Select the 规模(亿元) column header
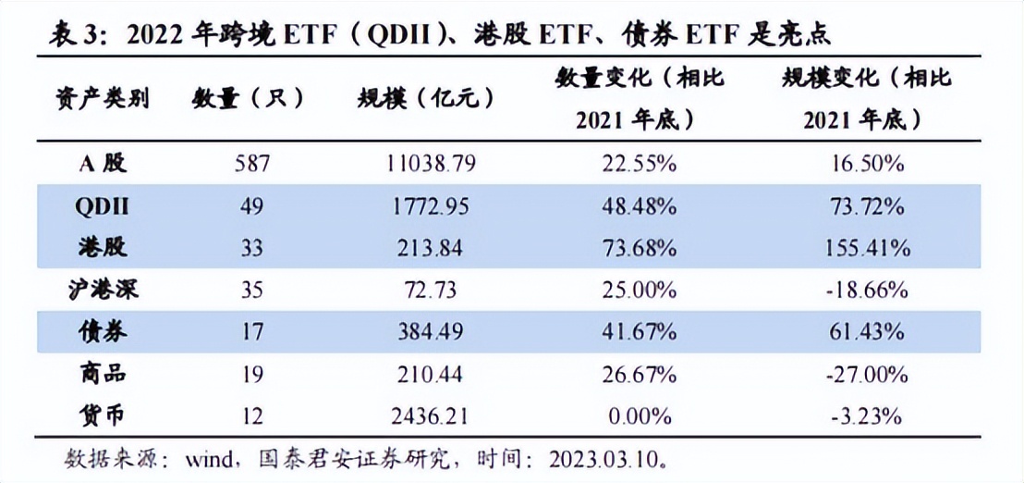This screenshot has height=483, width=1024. click(426, 98)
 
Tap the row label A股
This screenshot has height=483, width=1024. click(102, 165)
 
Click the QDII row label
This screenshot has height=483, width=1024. click(102, 206)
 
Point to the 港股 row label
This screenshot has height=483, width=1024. click(102, 247)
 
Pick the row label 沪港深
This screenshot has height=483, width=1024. click(102, 291)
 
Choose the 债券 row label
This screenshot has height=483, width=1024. click(102, 331)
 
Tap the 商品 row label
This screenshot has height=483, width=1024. click(102, 374)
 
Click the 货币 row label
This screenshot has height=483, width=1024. click(102, 415)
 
